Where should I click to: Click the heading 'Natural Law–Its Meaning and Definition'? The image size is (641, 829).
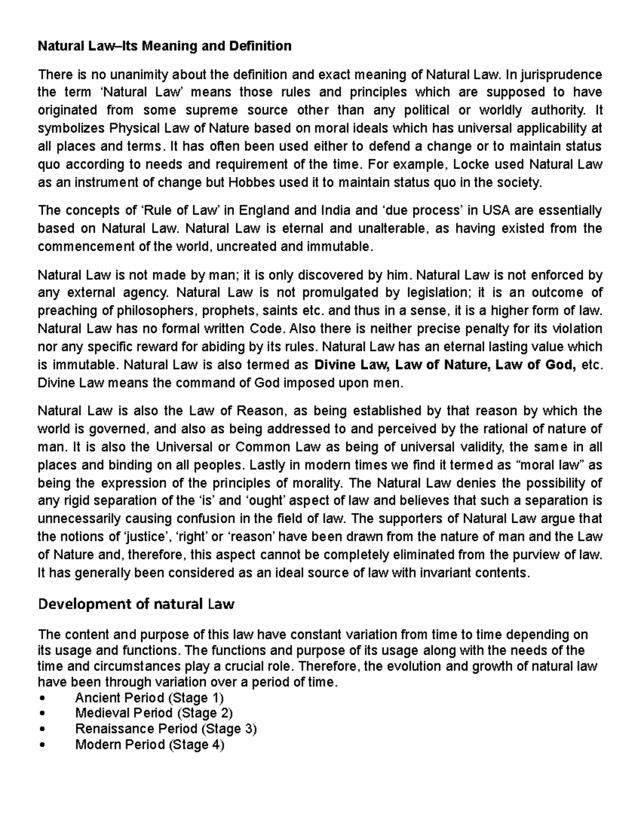pos(165,46)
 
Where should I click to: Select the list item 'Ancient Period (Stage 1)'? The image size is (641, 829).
pos(149,698)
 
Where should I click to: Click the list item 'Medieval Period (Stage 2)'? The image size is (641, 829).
pos(154,713)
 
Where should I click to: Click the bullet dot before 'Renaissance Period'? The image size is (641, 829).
pos(41,729)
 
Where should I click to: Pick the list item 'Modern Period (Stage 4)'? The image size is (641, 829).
pos(150,745)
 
